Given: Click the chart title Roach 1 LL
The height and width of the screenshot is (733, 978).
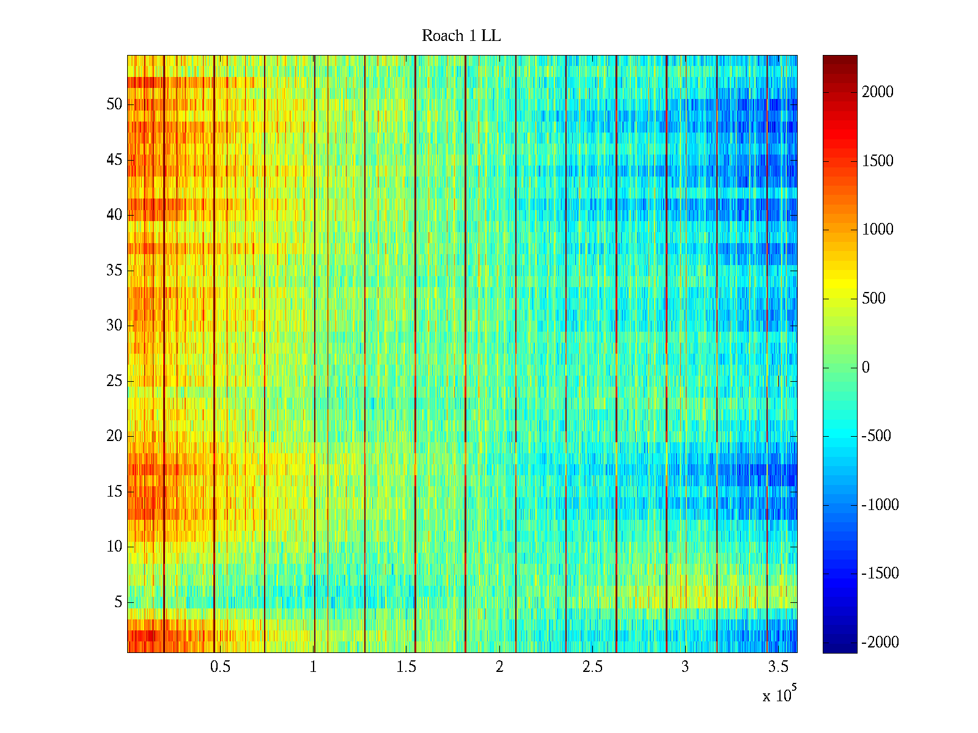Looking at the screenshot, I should pos(461,36).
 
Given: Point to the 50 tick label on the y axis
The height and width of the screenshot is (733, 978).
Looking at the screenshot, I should pos(114,104).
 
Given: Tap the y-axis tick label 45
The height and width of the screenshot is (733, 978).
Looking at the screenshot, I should pos(114,160).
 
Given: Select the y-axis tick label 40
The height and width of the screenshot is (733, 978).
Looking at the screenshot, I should pos(114,215).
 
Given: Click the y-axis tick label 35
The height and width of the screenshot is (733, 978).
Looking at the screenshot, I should pos(114,271).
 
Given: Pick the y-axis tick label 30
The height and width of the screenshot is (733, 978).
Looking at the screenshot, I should pos(114,326).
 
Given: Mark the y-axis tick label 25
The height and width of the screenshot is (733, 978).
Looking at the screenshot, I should pos(114,381).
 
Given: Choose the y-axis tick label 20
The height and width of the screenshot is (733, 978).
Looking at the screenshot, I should pos(114,436).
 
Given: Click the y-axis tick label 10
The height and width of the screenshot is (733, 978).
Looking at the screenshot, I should pos(114,547).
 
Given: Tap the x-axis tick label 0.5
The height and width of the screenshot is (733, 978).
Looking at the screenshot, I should pos(220,667).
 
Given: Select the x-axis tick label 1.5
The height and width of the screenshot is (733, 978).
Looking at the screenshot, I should pos(406,667).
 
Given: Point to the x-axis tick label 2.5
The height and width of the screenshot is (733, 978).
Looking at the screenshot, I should pos(592,667).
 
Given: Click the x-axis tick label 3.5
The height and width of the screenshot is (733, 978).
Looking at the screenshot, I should pos(778,667).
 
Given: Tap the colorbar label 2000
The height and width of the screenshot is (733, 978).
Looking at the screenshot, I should pos(877,92).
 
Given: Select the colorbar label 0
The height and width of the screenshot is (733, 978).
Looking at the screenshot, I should pos(866,367).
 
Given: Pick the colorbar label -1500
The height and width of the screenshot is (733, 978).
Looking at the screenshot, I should pos(880,574).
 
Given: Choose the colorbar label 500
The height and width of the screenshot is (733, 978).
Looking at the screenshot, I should pos(873,299).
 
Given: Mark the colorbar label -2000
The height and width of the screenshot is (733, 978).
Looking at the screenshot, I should pos(880,642).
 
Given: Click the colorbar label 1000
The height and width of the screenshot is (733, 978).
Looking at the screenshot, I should pos(877,230).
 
